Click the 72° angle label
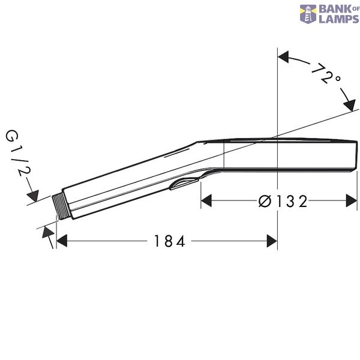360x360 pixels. point(326,74)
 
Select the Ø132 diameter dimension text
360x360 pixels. point(283,201)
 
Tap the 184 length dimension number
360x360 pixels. point(169,241)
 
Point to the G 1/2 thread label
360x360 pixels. point(18,153)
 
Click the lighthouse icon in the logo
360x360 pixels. point(308,14)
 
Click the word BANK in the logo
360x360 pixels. point(335,9)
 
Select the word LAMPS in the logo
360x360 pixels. point(339,19)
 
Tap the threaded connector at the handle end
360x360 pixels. point(58,207)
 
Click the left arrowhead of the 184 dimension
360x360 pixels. point(62,241)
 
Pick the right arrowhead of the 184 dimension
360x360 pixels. point(272,241)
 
